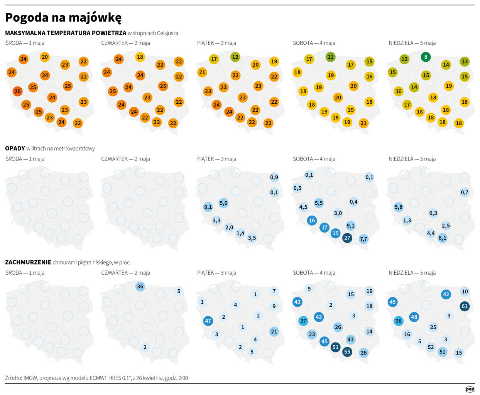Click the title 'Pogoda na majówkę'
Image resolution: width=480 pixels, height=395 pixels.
pyautogui.click(x=63, y=18)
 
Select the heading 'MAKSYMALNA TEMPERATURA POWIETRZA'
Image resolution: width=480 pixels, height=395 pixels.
pyautogui.click(x=66, y=33)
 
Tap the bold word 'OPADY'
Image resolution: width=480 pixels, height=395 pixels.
pyautogui.click(x=15, y=149)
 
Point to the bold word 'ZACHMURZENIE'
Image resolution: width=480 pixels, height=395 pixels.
pyautogui.click(x=28, y=262)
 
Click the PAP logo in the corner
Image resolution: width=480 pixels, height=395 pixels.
pyautogui.click(x=470, y=389)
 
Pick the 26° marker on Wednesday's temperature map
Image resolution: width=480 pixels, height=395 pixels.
pyautogui.click(x=17, y=91)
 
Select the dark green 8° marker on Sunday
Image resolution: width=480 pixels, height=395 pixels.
pyautogui.click(x=426, y=57)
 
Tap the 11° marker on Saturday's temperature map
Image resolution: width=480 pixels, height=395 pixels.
pyautogui.click(x=330, y=57)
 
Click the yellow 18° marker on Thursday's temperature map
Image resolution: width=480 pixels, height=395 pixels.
pyautogui.click(x=140, y=57)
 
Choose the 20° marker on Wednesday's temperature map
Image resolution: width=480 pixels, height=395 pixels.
pyautogui.click(x=45, y=57)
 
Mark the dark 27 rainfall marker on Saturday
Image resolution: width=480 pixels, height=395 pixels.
pyautogui.click(x=347, y=238)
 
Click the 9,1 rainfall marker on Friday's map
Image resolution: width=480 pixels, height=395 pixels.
pyautogui.click(x=208, y=207)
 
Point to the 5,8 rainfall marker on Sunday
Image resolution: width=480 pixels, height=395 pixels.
pyautogui.click(x=399, y=207)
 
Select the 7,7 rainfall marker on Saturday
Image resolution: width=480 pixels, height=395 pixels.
pyautogui.click(x=363, y=239)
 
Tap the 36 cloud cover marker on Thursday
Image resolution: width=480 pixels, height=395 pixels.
pyautogui.click(x=140, y=287)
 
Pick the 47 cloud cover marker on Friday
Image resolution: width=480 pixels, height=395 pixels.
pyautogui.click(x=208, y=321)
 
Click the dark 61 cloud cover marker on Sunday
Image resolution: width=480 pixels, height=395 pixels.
pyautogui.click(x=465, y=306)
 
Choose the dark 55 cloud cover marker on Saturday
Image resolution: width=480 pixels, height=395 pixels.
pyautogui.click(x=347, y=351)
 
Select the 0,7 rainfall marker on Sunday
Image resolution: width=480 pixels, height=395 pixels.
pyautogui.click(x=465, y=192)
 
